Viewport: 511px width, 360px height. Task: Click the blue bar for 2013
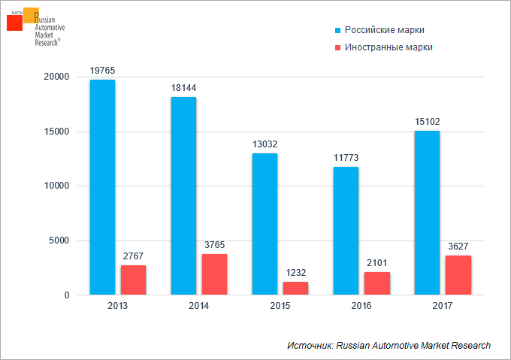point(103,187)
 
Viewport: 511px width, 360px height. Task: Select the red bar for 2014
point(214,274)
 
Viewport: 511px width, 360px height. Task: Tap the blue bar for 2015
point(265,224)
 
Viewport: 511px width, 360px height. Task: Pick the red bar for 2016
point(377,283)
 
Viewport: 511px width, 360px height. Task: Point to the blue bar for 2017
point(427,213)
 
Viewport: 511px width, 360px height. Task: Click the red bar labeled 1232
point(295,289)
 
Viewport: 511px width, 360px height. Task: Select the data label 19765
point(102,71)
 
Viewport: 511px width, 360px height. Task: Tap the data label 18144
point(184,88)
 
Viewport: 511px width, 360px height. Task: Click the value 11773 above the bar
point(346,158)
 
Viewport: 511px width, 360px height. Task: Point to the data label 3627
point(458,247)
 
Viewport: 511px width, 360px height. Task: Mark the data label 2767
point(133,256)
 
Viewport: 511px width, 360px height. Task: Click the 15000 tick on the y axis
point(56,132)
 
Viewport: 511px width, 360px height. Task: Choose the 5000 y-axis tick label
point(59,241)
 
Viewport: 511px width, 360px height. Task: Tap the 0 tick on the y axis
point(67,295)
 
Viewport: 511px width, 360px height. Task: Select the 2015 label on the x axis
point(280,306)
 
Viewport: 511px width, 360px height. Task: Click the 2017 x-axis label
point(442,306)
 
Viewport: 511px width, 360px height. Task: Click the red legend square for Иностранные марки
point(338,47)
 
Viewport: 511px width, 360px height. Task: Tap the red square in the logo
point(15,23)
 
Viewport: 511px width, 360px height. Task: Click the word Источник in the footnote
point(310,345)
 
